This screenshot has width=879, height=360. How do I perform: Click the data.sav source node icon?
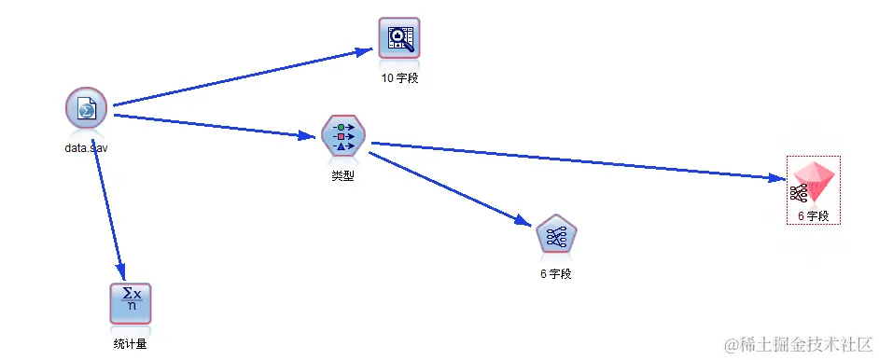[x=87, y=110]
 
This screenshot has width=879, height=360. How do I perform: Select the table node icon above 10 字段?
[x=399, y=39]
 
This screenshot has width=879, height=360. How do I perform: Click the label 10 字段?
[x=399, y=78]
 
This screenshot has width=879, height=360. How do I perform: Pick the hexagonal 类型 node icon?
[x=342, y=136]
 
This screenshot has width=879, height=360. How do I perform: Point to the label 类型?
[x=342, y=175]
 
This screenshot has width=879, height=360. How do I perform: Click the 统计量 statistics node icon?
[x=131, y=302]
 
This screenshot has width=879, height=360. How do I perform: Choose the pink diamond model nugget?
[x=814, y=184]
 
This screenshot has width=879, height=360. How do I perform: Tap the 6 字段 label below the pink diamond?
[x=814, y=216]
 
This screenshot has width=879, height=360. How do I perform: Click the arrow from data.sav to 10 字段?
[x=243, y=77]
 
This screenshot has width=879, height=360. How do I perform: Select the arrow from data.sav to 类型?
[x=215, y=126]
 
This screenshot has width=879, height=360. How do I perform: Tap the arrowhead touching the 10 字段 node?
[x=367, y=52]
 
